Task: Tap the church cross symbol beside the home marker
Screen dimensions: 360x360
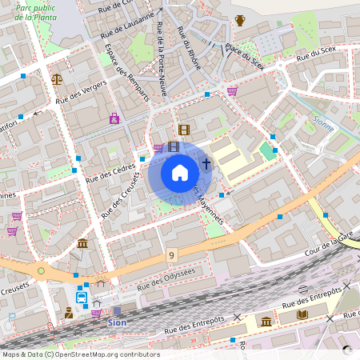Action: (206, 165)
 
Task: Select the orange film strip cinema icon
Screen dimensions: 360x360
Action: (184, 130)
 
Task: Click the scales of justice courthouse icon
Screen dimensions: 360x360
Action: (56, 78)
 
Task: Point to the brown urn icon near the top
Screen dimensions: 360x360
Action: (240, 21)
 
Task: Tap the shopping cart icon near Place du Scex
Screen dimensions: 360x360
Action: (232, 91)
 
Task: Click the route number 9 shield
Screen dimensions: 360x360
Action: (171, 255)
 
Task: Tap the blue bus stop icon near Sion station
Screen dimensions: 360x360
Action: (82, 298)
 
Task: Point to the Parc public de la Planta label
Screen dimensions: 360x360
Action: (36, 10)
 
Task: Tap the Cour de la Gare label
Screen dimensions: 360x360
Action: (329, 241)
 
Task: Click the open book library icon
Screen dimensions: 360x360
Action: (302, 314)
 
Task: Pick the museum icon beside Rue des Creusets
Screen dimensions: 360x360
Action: (82, 243)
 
